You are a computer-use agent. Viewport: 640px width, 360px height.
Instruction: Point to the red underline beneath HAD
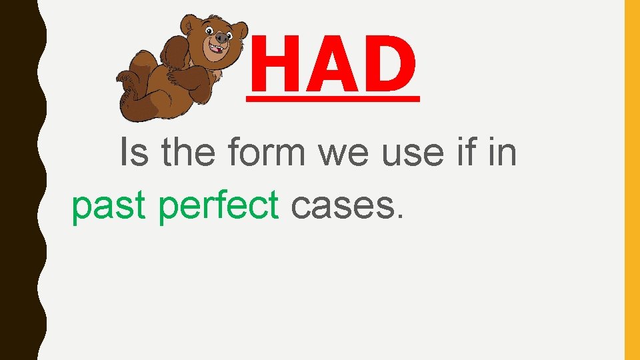point(333,100)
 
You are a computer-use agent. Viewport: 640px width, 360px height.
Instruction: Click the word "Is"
point(133,153)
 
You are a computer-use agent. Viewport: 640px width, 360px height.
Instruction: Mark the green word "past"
point(110,207)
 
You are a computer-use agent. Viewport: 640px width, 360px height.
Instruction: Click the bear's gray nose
point(221,38)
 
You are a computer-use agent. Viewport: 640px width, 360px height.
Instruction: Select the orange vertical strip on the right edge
point(631,180)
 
